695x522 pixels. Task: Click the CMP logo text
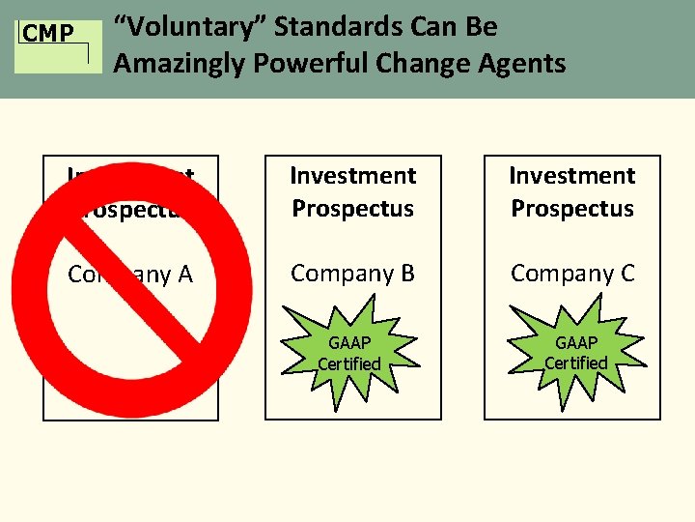[x=47, y=35]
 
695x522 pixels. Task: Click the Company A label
[x=130, y=275]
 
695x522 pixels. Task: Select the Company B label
[x=352, y=274]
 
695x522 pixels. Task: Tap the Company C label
[x=572, y=274]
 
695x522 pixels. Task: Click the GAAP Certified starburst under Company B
[x=349, y=353]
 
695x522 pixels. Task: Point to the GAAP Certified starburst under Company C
[x=576, y=353]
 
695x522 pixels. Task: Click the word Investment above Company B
[x=352, y=176]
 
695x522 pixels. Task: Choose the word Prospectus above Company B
[x=352, y=209]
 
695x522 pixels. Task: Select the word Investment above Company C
[x=572, y=176]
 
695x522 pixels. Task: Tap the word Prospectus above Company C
[x=572, y=209]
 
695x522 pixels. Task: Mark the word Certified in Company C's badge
[x=576, y=363]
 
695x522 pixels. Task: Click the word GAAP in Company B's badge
[x=349, y=343]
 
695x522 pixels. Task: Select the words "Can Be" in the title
[x=455, y=27]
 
